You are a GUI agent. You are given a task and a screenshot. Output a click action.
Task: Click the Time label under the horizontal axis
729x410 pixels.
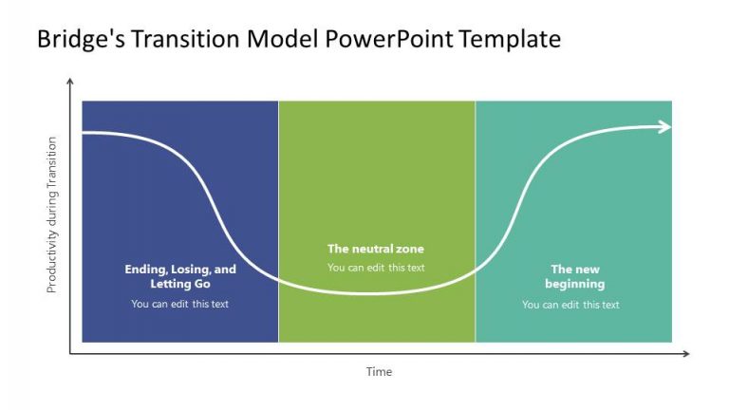[379, 372]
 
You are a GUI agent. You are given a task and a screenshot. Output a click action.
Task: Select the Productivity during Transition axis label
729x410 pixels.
[52, 214]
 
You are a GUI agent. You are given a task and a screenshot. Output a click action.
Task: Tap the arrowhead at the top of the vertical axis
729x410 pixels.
[69, 84]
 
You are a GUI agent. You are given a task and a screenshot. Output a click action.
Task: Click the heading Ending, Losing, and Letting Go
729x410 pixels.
[180, 276]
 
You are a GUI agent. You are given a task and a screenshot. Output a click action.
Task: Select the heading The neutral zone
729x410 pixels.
[376, 249]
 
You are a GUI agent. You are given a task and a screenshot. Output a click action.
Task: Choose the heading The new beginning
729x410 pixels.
[574, 276]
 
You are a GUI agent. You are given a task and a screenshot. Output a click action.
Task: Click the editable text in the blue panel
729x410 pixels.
[180, 304]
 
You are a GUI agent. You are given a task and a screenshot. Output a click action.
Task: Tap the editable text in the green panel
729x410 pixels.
[376, 268]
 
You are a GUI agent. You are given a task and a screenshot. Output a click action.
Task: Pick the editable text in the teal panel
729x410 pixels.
[570, 305]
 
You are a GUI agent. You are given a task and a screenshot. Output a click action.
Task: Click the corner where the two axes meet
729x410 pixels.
[69, 354]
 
